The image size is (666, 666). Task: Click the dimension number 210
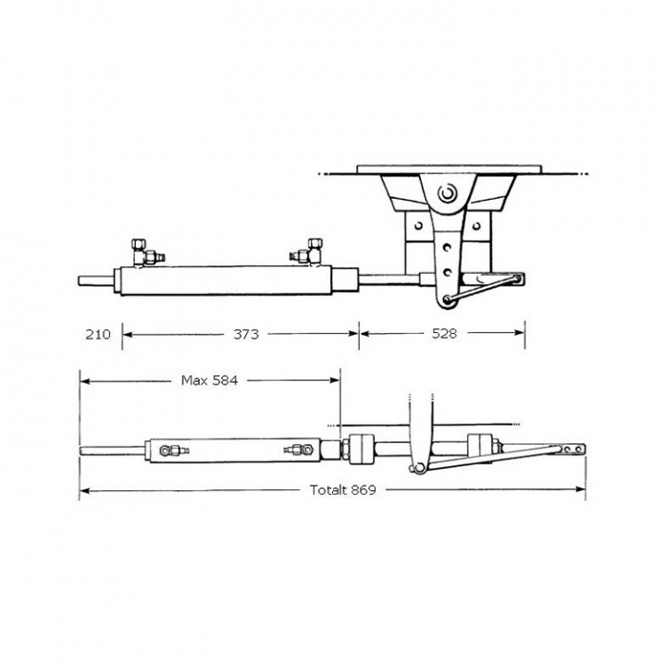tap(96, 334)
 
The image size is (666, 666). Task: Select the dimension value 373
tap(246, 334)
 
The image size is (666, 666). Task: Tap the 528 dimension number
tap(445, 334)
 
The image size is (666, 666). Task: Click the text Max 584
tap(210, 379)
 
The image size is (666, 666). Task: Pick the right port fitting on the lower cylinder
tap(296, 450)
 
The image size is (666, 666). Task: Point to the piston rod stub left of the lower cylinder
tap(112, 451)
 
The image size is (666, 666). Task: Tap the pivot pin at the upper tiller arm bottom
tap(447, 298)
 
